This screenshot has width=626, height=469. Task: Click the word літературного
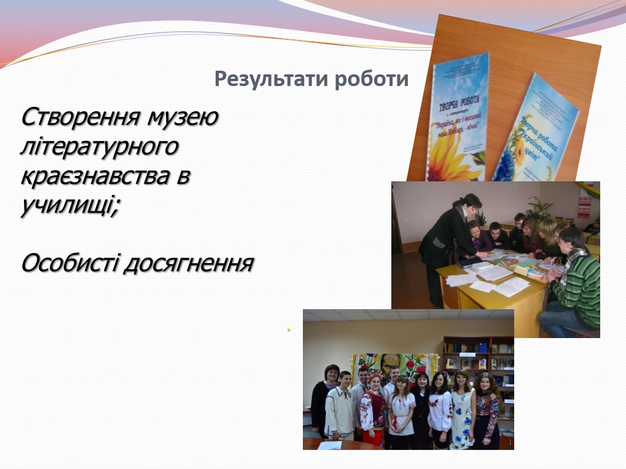click(100, 148)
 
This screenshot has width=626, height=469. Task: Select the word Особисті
click(68, 264)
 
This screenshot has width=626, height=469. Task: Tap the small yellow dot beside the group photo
click(288, 330)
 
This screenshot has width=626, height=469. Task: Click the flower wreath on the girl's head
click(375, 374)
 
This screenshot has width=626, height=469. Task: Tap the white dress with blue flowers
click(463, 412)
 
